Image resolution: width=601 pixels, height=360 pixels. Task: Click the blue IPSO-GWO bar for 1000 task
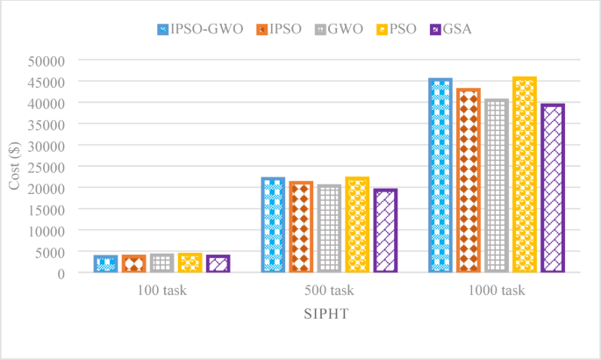[x=440, y=176]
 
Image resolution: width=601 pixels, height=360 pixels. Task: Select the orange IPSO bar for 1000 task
[x=469, y=180]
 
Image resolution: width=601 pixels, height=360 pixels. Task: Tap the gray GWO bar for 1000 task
[x=497, y=185]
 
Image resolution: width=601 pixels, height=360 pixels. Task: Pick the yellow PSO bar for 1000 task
[x=525, y=175]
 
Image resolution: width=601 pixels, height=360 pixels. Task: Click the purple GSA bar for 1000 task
[x=553, y=188]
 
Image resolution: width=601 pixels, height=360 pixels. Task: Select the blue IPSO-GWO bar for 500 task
[x=273, y=225]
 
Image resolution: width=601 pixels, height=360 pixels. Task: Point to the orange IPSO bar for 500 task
[x=301, y=227]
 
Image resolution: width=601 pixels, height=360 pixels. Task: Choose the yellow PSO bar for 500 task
[x=357, y=225]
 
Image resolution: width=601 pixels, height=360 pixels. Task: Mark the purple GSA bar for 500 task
[x=385, y=231]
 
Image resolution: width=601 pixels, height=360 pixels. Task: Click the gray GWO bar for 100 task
[x=161, y=263]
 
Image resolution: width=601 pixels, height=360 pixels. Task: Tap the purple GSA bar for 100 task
[x=218, y=264]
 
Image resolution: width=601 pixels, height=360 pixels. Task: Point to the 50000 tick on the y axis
[x=47, y=61]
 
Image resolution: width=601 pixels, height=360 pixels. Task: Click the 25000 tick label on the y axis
[x=47, y=167]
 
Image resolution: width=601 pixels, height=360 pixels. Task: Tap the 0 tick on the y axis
[x=61, y=273]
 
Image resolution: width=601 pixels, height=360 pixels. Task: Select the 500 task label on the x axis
[x=329, y=291]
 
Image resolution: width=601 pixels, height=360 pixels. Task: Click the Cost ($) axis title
[x=15, y=167]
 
